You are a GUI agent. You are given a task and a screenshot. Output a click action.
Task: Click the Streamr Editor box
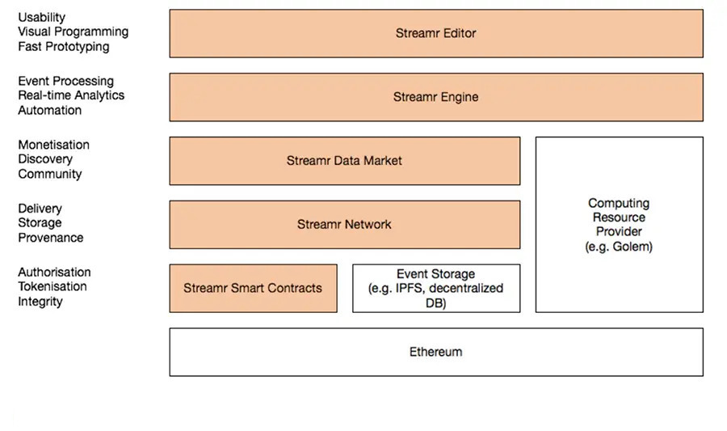435,33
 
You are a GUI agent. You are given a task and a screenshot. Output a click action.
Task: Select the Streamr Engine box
435,97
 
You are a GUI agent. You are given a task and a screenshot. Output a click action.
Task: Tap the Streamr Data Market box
344,160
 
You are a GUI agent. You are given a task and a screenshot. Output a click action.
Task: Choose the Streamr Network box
344,224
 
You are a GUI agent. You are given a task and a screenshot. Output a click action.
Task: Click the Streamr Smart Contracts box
253,288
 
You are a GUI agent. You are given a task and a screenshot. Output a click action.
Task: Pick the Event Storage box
435,288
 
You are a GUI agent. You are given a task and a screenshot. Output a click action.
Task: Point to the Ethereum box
435,352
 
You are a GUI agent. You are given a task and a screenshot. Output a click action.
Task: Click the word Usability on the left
42,17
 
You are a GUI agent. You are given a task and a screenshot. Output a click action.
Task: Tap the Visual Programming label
73,32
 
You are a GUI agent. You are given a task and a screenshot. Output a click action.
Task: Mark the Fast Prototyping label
63,46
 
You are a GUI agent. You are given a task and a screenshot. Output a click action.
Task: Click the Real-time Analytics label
71,95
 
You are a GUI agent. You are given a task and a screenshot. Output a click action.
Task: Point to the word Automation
49,110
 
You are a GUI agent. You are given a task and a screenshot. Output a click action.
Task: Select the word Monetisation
53,145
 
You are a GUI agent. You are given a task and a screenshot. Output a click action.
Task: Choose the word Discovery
45,159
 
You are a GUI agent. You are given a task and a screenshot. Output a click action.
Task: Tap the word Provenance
50,238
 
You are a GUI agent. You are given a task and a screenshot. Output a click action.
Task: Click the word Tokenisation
53,286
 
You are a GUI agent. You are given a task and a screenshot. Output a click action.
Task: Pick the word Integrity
40,302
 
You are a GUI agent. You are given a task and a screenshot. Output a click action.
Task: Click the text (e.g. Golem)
619,247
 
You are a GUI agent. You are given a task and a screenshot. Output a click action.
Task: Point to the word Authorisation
54,273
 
